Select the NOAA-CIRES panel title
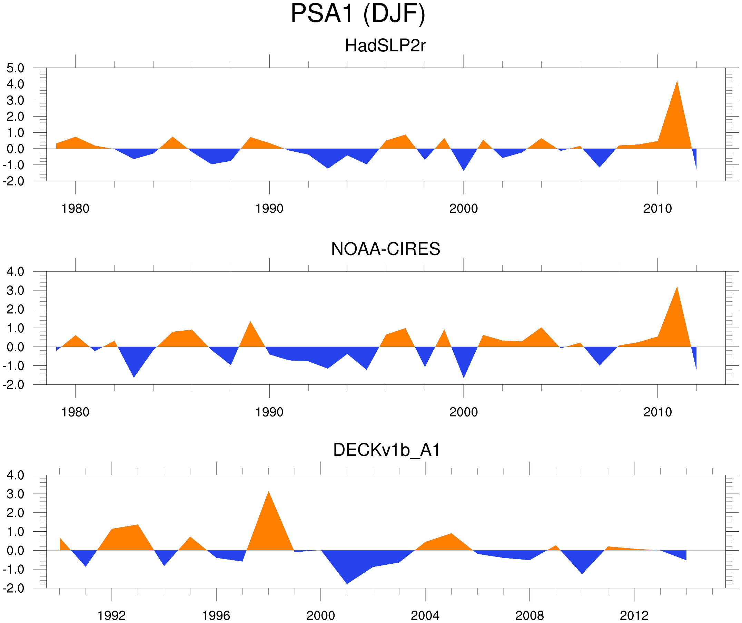coord(385,249)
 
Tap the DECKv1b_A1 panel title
coord(387,450)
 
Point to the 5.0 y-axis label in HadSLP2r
coord(15,68)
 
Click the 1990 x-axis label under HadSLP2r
coord(269,209)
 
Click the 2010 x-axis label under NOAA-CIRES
coord(657,412)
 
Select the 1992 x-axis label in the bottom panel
coord(112,615)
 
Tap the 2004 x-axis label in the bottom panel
coord(425,615)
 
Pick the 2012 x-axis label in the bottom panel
coord(634,615)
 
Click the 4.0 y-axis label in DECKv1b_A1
coord(15,475)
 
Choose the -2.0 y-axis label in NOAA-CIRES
coord(13,385)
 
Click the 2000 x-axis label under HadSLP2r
coord(463,209)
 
